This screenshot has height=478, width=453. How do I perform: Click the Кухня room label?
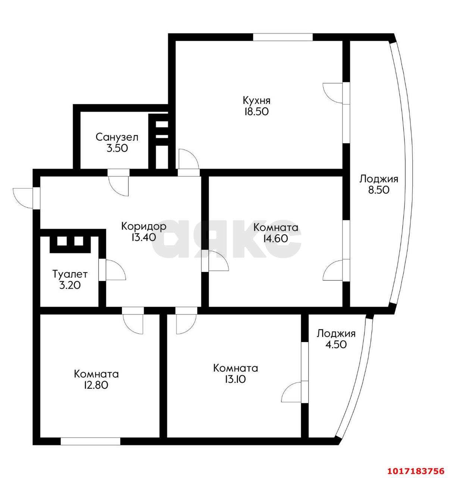pos(256,101)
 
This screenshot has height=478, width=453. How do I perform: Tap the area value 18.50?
pos(256,112)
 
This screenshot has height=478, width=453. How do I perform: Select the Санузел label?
pos(117,137)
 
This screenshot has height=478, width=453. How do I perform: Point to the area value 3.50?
pos(117,148)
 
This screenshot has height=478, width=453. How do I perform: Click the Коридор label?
pos(144,227)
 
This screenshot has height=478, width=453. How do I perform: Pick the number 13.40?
pos(144,237)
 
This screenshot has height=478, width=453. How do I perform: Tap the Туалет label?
pos(70,274)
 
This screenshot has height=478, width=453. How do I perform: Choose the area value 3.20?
pos(70,285)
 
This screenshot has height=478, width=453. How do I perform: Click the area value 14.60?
pos(275,239)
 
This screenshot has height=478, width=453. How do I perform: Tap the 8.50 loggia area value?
pos(379,190)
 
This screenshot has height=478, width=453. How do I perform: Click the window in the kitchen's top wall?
pos(282,37)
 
